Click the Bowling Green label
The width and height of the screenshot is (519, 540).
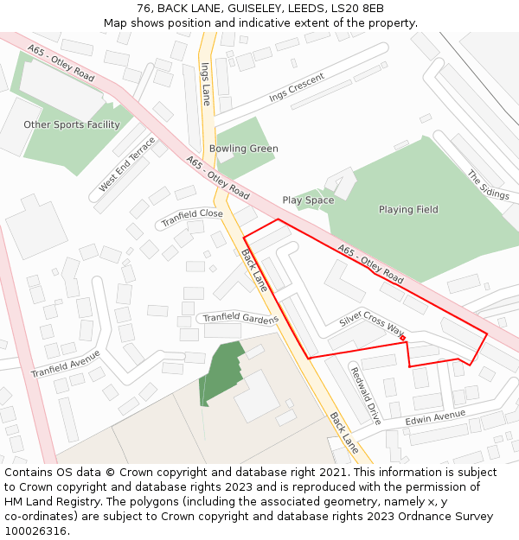244,149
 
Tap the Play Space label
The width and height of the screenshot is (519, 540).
308,200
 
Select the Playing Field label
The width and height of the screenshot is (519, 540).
408,209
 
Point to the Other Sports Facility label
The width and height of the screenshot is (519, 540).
72,124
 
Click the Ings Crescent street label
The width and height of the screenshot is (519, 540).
297,88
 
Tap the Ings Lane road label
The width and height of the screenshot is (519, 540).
205,83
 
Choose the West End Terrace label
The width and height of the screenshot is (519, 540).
127,163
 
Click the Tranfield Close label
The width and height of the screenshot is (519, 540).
192,217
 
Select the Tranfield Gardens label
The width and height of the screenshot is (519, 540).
240,318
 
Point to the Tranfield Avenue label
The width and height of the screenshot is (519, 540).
66,363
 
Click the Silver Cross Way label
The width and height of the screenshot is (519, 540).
372,324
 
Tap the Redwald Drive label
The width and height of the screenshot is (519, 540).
366,396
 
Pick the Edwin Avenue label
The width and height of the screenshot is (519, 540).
435,417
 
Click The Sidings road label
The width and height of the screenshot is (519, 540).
488,185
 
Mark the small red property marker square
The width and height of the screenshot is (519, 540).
403,338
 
